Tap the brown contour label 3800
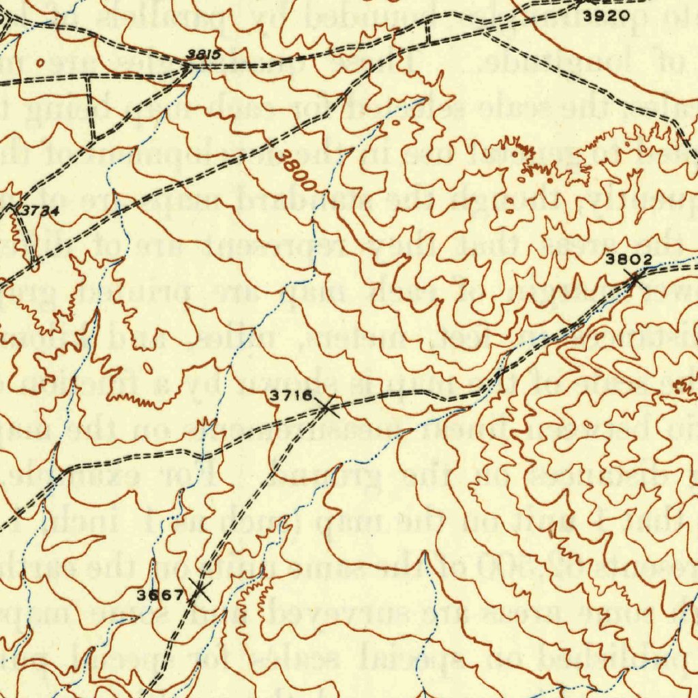pos(297,170)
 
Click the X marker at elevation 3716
pos(326,408)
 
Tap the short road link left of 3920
pos(428,31)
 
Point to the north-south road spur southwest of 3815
pos(89,106)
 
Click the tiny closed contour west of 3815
pos(40,63)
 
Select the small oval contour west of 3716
pos(147,368)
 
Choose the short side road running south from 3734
pos(27,239)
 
